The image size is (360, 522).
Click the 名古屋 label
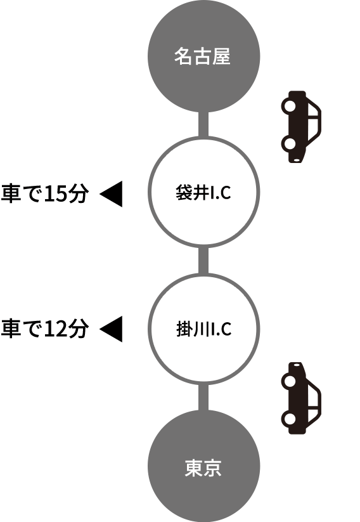pyautogui.click(x=202, y=56)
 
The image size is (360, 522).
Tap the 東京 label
pyautogui.click(x=203, y=468)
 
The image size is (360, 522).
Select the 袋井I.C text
pyautogui.click(x=203, y=193)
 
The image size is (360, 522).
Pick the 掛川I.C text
pyautogui.click(x=203, y=329)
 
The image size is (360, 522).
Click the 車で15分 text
pyautogui.click(x=45, y=193)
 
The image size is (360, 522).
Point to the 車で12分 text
pyautogui.click(x=45, y=329)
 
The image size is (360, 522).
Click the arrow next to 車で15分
pyautogui.click(x=111, y=193)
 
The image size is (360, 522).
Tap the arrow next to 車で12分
pyautogui.click(x=111, y=329)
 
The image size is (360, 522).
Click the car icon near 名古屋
pyautogui.click(x=301, y=127)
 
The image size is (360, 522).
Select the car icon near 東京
pyautogui.click(x=301, y=398)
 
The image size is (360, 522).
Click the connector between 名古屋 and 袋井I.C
pyautogui.click(x=203, y=124)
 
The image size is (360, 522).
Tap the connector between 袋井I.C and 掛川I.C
pyautogui.click(x=203, y=261)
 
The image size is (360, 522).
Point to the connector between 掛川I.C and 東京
pyautogui.click(x=203, y=398)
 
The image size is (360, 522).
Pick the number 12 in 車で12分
pyautogui.click(x=55, y=329)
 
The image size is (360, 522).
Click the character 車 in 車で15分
pyautogui.click(x=11, y=193)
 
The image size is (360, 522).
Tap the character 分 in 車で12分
pyautogui.click(x=78, y=329)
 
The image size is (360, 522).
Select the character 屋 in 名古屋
pyautogui.click(x=222, y=56)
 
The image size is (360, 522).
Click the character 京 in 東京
pyautogui.click(x=212, y=468)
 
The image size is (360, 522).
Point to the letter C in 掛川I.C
pyautogui.click(x=226, y=330)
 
